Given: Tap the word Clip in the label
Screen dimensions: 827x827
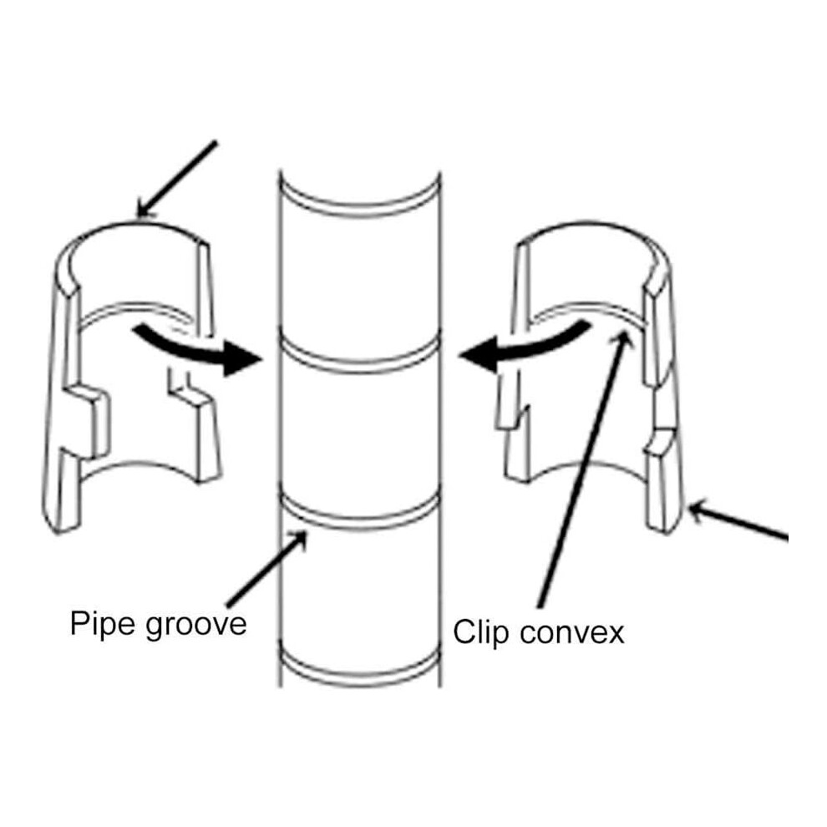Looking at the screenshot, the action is tap(481, 632).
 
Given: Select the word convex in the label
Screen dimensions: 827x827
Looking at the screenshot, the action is tap(571, 632).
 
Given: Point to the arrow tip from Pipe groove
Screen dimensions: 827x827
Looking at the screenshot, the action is tap(306, 532).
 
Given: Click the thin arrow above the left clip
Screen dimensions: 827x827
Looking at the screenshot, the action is tap(177, 180).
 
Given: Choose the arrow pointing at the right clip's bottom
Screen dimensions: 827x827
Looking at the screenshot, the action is tap(738, 521).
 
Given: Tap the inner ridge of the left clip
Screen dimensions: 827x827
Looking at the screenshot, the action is tap(134, 312).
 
